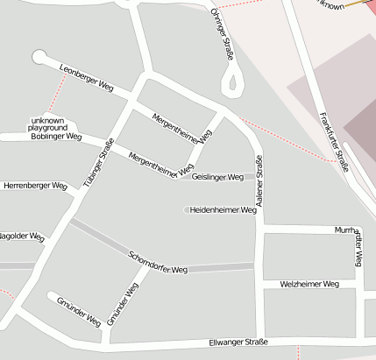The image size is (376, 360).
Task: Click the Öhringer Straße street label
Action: (x=223, y=34)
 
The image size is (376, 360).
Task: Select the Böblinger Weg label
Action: (x=55, y=137)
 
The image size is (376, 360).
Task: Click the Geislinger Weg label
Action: (x=217, y=177)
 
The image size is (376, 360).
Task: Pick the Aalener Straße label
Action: (x=259, y=180)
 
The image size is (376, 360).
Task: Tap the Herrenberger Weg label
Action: (x=35, y=186)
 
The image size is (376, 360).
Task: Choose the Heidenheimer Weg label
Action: (x=223, y=210)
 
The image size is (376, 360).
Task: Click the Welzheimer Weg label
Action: (x=309, y=284)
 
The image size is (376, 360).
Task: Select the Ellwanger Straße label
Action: (x=238, y=342)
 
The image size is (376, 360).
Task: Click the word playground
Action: (x=47, y=128)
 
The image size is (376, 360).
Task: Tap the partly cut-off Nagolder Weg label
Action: (x=21, y=236)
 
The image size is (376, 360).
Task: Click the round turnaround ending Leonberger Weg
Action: (x=39, y=57)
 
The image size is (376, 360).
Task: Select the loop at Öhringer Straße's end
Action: (x=233, y=85)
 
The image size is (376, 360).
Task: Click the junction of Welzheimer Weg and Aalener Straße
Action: (x=259, y=284)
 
